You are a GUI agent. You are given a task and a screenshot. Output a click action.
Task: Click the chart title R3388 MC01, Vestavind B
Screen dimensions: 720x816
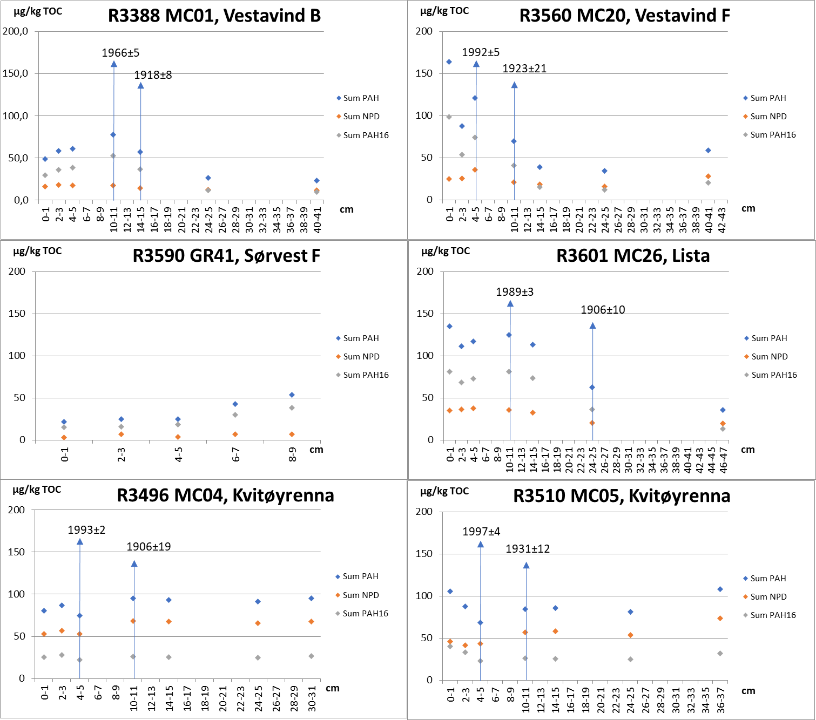214,16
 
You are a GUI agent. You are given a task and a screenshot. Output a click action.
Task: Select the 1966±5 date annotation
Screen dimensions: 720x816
120,53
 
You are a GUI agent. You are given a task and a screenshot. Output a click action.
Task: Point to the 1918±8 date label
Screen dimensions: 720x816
153,75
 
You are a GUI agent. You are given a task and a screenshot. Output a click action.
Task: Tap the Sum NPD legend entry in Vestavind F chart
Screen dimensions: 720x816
768,117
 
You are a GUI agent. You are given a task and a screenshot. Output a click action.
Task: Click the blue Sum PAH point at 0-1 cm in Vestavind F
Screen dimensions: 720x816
449,62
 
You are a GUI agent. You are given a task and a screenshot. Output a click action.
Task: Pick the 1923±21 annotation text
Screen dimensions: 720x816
524,69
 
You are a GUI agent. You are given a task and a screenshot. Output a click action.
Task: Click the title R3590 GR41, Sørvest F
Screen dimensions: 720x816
226,256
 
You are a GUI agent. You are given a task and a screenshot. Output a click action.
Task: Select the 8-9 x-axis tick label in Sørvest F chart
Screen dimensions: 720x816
293,455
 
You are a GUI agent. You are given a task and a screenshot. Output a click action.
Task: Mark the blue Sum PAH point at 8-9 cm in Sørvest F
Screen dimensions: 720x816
292,395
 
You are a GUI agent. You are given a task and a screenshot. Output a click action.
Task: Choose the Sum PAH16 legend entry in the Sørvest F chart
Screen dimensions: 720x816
366,375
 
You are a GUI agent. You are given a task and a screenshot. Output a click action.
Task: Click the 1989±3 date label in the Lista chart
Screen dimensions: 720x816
515,292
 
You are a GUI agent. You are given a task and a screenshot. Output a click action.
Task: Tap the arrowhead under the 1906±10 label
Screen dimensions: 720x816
592,325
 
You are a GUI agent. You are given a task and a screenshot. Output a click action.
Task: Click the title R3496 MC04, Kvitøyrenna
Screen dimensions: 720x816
225,495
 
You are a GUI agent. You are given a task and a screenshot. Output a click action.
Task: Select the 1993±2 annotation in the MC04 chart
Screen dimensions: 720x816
86,530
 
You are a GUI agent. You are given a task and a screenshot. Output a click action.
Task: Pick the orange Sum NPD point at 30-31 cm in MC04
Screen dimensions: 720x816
311,622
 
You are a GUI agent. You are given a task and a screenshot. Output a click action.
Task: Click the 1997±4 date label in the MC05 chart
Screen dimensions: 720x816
481,532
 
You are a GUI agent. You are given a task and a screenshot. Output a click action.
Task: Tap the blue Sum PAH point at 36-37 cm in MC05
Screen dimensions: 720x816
720,589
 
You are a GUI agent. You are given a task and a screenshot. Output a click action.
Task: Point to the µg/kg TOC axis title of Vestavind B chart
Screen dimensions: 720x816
38,11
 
